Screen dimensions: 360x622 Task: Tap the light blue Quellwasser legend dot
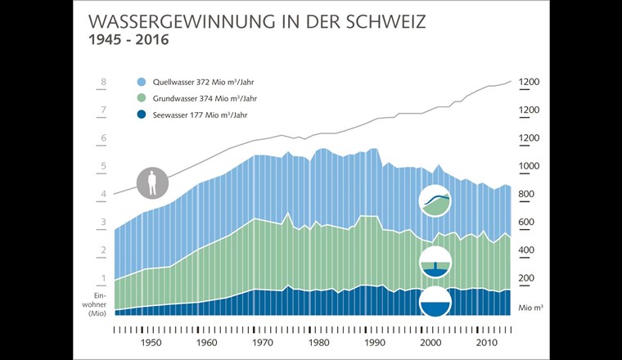[142, 82]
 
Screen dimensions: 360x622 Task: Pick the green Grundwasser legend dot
[142, 99]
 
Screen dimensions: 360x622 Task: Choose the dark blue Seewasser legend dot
[142, 116]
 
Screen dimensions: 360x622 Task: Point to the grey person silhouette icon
[151, 182]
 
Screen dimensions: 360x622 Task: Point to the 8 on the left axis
[104, 82]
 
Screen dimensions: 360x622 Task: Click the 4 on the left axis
[104, 195]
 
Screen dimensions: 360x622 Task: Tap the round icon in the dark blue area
[435, 303]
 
